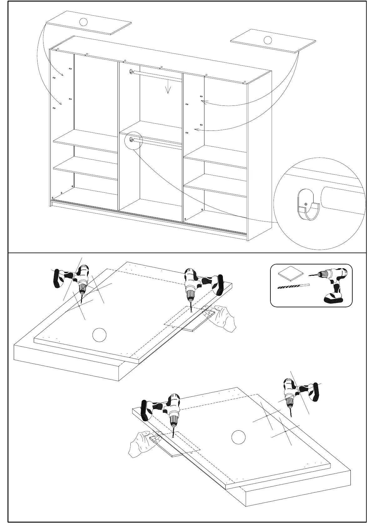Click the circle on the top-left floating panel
(x=83, y=22)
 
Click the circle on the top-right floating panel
(x=268, y=40)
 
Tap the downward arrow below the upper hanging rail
(x=168, y=87)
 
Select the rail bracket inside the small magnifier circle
(x=131, y=139)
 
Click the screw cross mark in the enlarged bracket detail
(x=306, y=204)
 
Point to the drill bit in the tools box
(x=293, y=286)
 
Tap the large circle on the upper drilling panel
(x=99, y=335)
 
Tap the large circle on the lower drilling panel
(x=238, y=437)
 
